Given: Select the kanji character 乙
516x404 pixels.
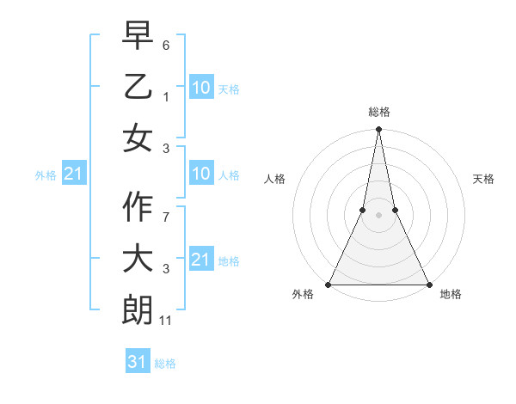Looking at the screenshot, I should click(x=138, y=86).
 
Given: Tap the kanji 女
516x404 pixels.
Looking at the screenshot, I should click(x=138, y=138).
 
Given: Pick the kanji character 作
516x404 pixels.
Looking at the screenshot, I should click(x=138, y=207).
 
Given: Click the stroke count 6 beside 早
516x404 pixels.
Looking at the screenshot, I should click(x=166, y=43).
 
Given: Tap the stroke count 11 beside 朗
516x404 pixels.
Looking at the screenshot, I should click(x=166, y=321).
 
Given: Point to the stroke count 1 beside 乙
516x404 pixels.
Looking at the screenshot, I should click(x=166, y=95).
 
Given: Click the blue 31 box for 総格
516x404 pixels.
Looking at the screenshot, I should click(x=138, y=362).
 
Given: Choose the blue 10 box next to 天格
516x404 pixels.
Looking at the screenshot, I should click(x=200, y=87).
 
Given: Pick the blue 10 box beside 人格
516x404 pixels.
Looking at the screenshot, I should click(x=200, y=174).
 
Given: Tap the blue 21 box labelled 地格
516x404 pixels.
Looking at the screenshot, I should click(x=200, y=260).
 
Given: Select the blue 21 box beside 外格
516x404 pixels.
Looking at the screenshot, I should click(x=73, y=174).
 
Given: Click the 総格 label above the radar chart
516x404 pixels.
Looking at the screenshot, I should click(x=378, y=112).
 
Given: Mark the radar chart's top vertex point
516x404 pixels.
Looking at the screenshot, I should click(x=378, y=131).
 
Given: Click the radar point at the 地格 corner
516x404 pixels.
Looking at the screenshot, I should click(x=427, y=284).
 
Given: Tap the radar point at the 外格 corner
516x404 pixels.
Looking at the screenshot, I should click(x=329, y=284).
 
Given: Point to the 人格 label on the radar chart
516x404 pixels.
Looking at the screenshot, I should click(x=274, y=179).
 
